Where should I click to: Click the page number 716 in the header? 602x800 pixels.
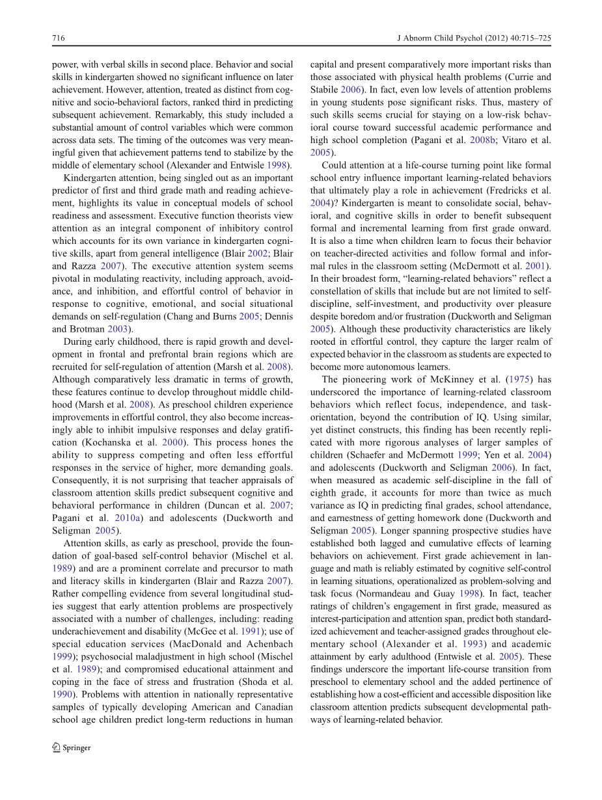(58, 38)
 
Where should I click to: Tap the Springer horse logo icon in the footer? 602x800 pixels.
(56, 747)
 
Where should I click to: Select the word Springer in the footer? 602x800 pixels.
(77, 748)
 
